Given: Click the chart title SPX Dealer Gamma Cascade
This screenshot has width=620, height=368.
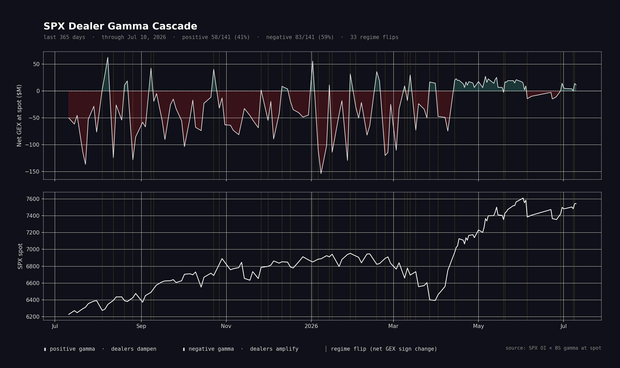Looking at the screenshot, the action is [x=120, y=26].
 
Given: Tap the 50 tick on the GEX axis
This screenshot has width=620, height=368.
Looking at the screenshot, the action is [x=36, y=64].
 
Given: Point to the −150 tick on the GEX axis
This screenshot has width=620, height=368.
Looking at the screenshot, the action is [x=33, y=172].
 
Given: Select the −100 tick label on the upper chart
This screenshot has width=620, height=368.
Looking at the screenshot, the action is [x=33, y=145].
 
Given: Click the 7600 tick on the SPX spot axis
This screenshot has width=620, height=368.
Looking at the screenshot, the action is [x=33, y=199].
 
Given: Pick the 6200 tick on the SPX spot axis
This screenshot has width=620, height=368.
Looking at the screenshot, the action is [x=33, y=317].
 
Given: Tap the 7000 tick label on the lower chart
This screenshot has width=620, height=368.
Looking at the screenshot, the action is [x=33, y=249].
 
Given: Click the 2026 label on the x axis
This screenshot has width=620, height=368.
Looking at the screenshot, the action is [x=311, y=326].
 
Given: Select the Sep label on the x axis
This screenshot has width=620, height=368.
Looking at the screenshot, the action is [x=141, y=326].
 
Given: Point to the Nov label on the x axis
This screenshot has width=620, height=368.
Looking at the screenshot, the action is [x=226, y=326].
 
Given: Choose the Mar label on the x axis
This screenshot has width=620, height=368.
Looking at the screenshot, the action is [x=393, y=326].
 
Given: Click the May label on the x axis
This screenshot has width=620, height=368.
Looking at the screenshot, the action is [x=478, y=326].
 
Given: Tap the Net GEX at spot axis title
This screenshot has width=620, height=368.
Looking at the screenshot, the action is [x=19, y=116].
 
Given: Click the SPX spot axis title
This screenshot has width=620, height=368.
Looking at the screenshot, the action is [x=20, y=256].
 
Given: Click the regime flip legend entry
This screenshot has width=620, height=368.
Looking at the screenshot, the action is [x=381, y=349].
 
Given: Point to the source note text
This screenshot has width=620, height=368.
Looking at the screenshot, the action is [x=553, y=348].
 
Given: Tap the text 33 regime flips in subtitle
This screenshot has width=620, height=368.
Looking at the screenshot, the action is [x=374, y=37].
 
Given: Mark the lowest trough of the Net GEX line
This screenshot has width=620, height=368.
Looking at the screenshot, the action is [x=321, y=174].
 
